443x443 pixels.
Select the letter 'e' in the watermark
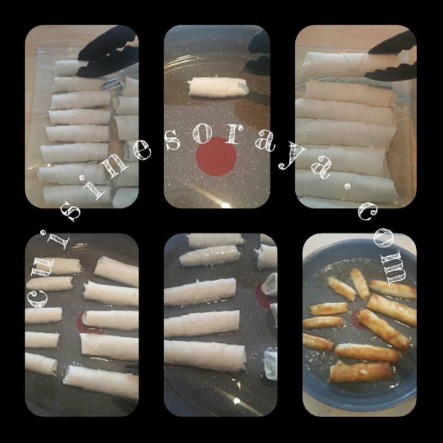(x=142, y=150)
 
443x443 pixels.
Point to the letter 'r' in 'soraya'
(x=233, y=134)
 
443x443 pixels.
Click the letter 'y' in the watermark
(x=291, y=158)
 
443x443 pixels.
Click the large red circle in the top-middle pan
(x=216, y=156)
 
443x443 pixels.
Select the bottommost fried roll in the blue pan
(x=361, y=371)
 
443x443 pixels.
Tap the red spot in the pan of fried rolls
(x=356, y=319)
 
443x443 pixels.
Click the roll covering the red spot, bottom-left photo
(x=111, y=320)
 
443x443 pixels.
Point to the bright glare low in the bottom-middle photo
(x=236, y=401)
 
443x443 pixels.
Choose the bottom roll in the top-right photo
(x=347, y=185)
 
